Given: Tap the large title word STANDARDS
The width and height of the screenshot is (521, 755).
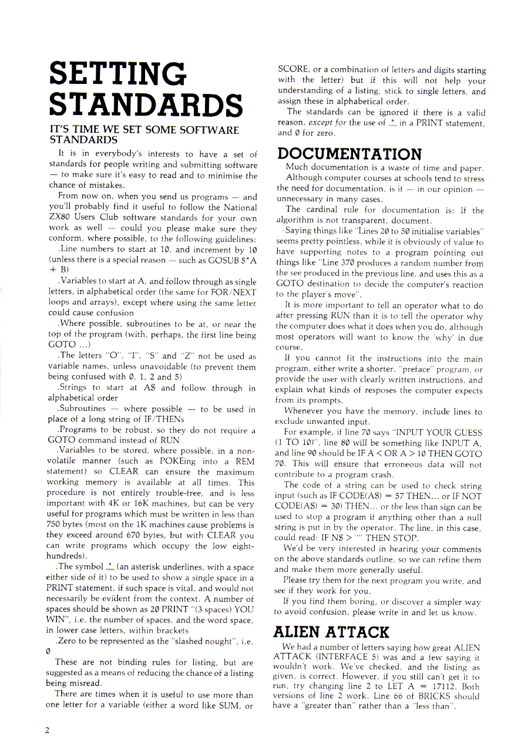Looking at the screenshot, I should click(146, 105).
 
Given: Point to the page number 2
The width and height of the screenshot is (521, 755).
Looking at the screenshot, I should click(46, 730).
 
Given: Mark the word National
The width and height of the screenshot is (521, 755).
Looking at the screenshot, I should click(236, 207).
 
